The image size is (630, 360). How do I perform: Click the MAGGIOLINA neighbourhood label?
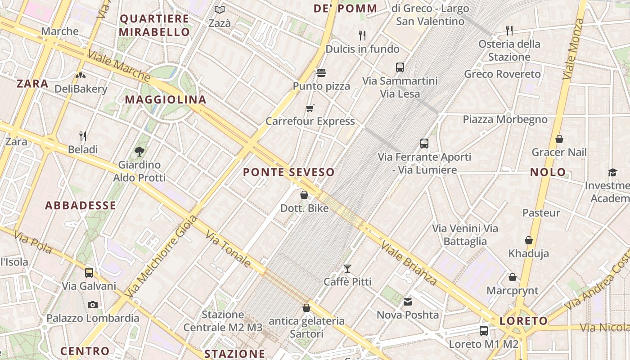coord(166,99)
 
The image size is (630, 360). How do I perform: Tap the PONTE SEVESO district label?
coord(289,172)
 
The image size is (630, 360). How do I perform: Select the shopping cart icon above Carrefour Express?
coord(310,108)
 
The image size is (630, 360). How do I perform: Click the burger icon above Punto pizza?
coord(321,72)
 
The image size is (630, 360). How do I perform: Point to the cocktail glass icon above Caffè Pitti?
coord(347,269)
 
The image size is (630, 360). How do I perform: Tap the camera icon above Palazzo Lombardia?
coord(93,305)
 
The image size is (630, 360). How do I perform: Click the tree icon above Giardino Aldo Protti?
coord(139,152)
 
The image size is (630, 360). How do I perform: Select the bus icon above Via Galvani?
coord(89,272)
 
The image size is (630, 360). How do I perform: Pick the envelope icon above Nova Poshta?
coord(408,301)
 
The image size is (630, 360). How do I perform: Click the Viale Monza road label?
coord(572,49)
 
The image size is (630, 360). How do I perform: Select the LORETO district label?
coord(524,321)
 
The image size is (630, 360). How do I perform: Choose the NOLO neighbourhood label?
coord(548,172)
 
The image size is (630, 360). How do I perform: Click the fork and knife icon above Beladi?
coord(83,136)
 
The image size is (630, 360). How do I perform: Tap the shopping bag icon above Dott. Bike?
coord(304,195)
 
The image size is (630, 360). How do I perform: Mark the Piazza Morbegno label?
coord(505,119)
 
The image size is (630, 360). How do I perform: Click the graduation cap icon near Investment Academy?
coord(612,172)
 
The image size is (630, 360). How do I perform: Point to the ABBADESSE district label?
coord(81,205)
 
